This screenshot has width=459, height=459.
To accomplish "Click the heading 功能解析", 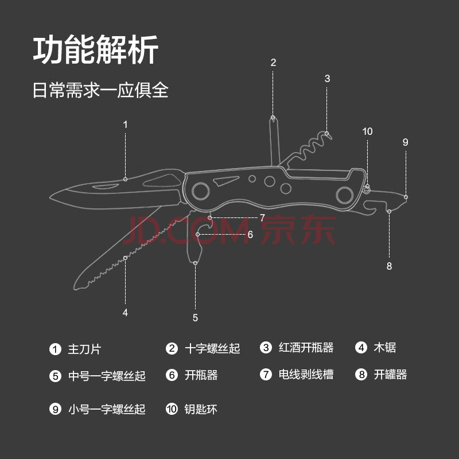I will [x=95, y=52].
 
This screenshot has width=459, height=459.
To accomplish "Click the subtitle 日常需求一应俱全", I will [x=100, y=90].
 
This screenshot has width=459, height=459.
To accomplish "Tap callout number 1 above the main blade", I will [x=126, y=124].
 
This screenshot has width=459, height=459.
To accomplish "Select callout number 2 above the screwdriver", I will [x=273, y=63].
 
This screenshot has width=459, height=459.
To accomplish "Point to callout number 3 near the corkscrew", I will [x=327, y=79].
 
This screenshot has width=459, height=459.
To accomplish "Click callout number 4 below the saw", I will [x=125, y=313].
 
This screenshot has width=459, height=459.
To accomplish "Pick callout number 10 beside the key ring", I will [x=367, y=131].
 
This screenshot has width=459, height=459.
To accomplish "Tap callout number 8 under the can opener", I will [x=389, y=266].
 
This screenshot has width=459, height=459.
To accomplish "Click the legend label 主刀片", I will [x=84, y=349].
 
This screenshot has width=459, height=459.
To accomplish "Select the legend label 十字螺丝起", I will [x=212, y=348].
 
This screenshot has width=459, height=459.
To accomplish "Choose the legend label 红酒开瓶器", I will [x=306, y=348].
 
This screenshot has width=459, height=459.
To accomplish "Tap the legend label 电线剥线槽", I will [x=306, y=375].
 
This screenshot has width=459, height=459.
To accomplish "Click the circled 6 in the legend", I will [x=172, y=375].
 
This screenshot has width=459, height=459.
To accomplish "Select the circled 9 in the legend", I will [x=55, y=409].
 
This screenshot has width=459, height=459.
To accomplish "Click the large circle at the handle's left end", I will [x=200, y=189].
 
